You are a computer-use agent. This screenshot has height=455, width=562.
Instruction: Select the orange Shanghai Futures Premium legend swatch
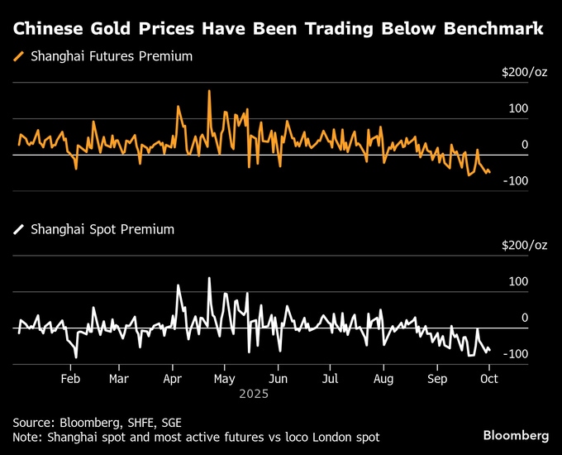19,57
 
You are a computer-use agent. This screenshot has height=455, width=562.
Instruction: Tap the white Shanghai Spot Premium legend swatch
19,230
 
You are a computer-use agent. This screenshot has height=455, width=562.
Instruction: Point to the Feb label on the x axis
71,379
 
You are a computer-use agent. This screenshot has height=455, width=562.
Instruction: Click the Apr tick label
172,379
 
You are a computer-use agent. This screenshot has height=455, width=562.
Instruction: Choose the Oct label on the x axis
488,379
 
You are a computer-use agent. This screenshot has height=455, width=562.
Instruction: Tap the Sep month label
437,379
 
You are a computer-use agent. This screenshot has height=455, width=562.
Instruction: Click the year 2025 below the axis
254,395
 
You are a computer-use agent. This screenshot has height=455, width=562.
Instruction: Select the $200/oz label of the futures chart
524,72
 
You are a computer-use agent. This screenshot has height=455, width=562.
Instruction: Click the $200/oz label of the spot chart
524,245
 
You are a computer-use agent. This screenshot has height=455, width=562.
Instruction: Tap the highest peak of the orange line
209,91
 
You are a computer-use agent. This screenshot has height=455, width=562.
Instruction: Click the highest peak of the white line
209,278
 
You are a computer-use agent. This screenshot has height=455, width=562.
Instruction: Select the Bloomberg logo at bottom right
516,434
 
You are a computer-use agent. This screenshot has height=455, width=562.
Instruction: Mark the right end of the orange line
489,171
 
